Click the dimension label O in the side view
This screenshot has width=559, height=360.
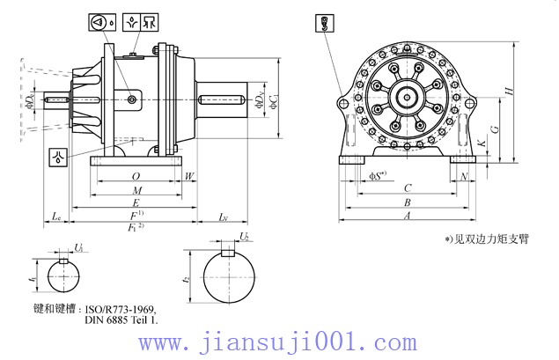click(136, 176)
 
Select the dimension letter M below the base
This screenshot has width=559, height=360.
click(136, 190)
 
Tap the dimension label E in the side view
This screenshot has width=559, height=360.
click(136, 202)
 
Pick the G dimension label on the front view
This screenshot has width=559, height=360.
click(495, 129)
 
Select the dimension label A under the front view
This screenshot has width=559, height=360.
click(406, 215)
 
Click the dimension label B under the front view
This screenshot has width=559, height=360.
click(406, 202)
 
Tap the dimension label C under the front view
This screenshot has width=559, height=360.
click(406, 188)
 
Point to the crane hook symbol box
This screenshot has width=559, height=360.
click(324, 25)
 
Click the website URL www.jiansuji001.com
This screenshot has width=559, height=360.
click(280, 341)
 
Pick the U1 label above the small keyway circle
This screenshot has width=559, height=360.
click(78, 248)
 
